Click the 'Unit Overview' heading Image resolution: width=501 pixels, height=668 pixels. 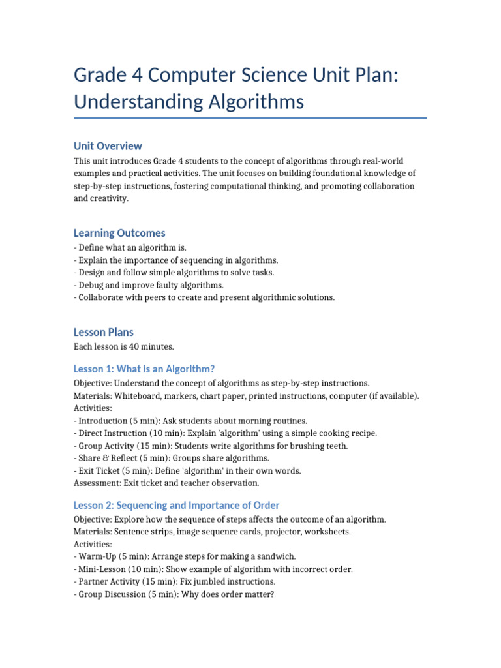point(108,145)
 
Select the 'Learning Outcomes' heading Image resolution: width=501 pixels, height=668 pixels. point(119,233)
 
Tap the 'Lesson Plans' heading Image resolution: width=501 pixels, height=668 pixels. point(104,332)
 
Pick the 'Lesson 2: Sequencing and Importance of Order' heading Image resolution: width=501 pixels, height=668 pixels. point(176,505)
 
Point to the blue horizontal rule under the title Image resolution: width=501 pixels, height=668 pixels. point(250,118)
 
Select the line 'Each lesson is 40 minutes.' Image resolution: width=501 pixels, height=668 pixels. point(124,346)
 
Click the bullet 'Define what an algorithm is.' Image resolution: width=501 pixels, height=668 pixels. point(132,248)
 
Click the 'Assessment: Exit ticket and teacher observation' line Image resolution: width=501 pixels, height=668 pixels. point(166,483)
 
